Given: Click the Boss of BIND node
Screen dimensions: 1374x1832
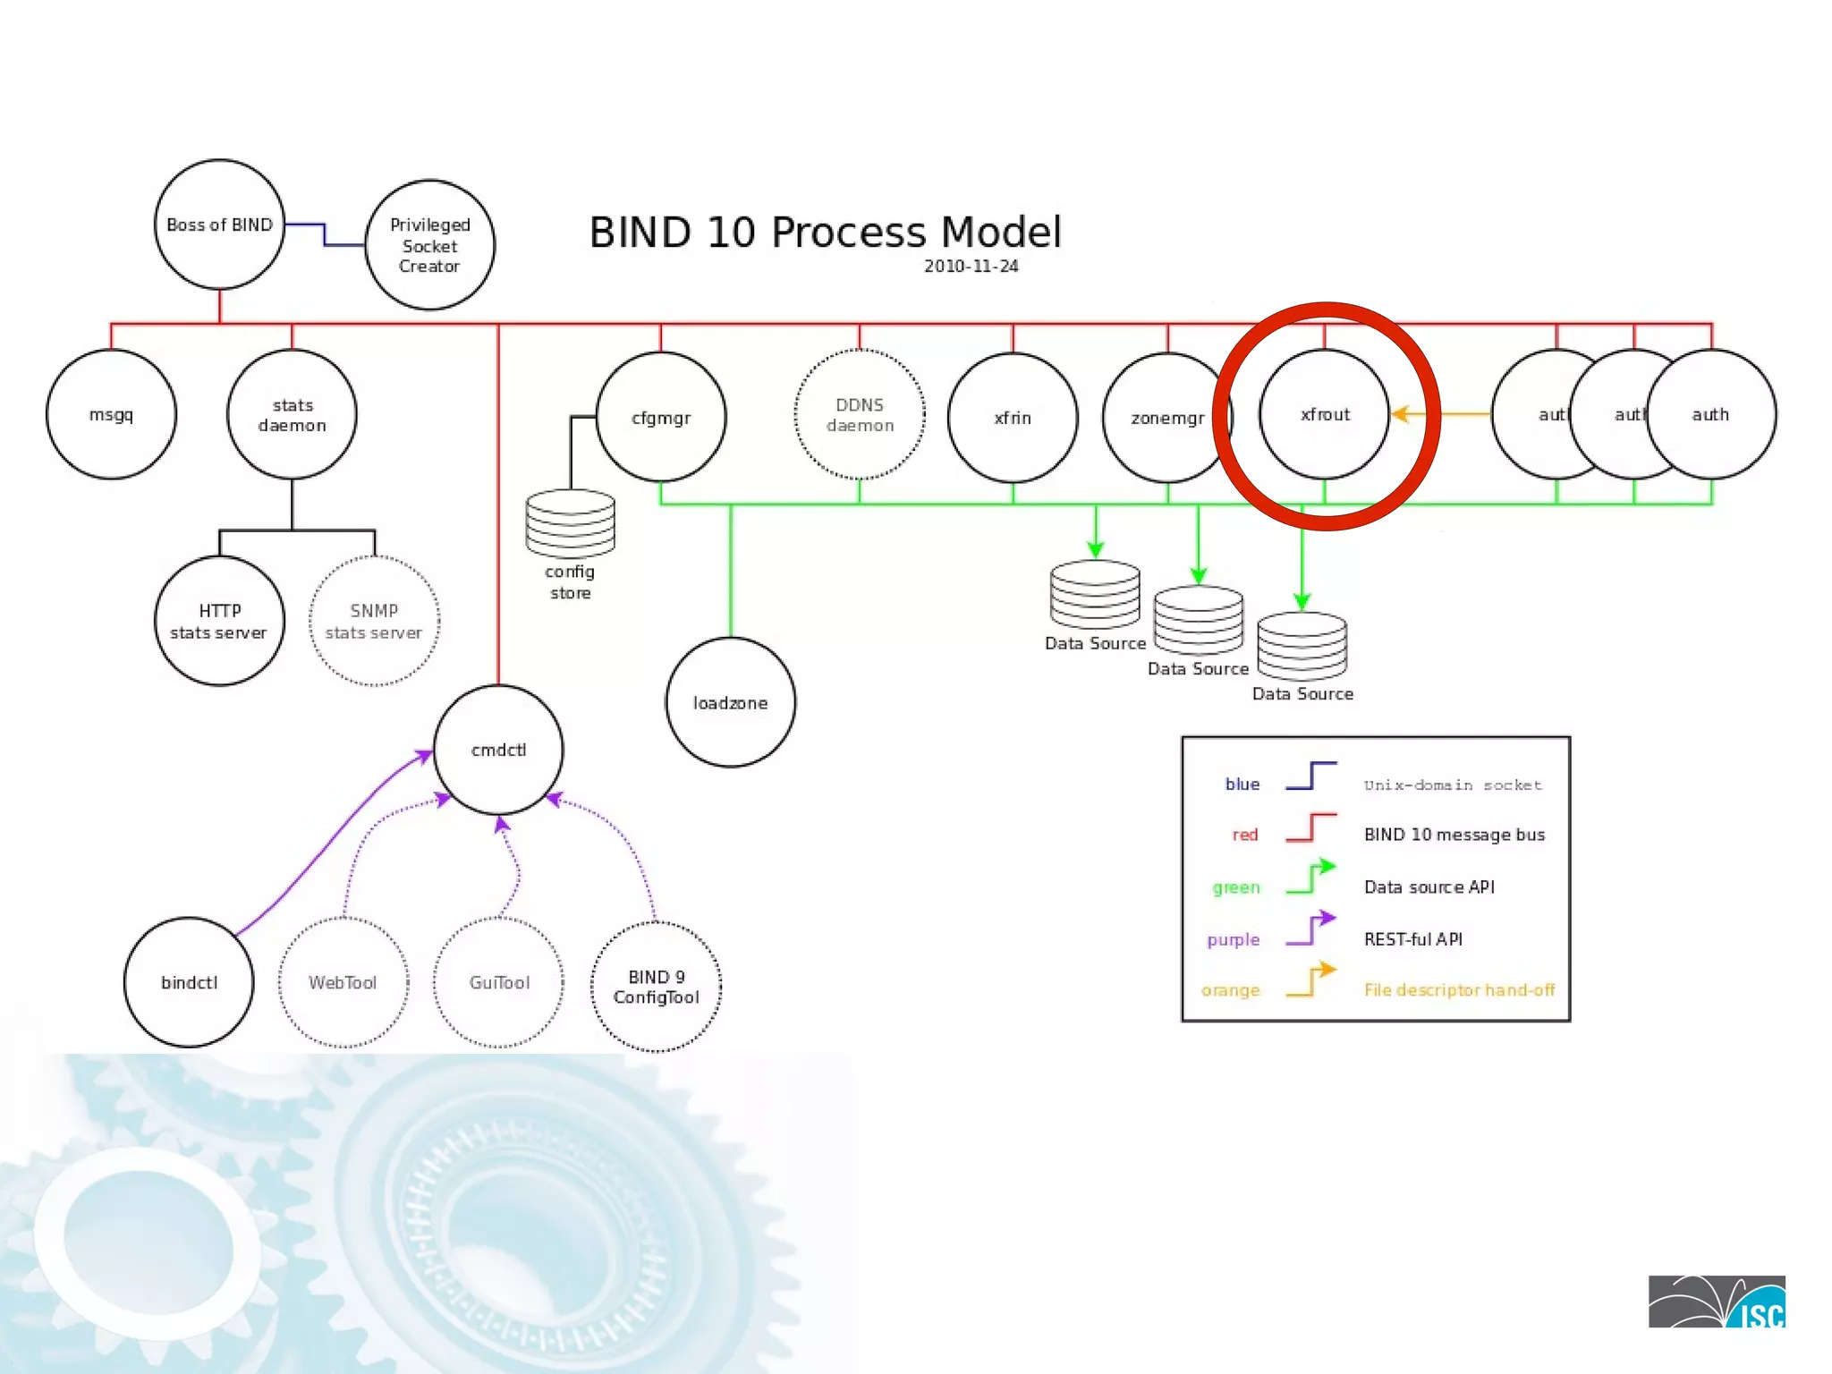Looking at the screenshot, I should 219,225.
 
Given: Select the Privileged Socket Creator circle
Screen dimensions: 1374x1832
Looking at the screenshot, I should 429,245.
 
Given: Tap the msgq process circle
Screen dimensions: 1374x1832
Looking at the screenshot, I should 111,414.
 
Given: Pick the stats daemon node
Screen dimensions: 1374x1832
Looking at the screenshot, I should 292,415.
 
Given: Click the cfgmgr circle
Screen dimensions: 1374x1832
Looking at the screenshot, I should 661,417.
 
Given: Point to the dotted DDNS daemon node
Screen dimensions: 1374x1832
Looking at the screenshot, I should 860,415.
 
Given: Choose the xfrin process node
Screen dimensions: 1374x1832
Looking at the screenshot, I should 1013,418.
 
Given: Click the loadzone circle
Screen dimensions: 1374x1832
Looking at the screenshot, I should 730,703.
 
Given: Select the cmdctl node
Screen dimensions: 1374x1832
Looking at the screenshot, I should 498,750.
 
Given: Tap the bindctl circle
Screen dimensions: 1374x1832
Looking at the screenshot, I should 189,982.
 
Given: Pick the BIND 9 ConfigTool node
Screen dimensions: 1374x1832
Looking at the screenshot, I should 656,987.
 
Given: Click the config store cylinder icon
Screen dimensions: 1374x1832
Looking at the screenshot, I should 570,524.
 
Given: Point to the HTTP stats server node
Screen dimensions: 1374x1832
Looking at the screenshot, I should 219,621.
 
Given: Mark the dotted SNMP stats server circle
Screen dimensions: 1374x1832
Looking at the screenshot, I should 374,621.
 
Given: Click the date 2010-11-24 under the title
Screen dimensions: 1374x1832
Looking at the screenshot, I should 971,266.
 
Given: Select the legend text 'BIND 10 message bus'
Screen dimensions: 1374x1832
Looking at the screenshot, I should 1454,835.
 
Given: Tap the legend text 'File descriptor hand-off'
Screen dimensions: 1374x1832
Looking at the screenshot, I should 1459,989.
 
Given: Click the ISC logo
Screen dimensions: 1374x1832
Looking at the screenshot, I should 1716,1302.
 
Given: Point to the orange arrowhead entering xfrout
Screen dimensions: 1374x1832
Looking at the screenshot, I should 1401,414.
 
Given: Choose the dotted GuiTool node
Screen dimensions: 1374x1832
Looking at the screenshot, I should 499,982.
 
